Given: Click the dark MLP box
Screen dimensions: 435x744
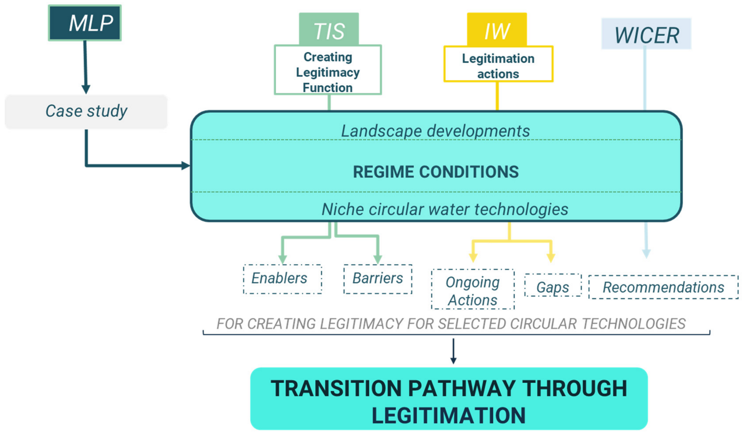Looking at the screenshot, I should (x=85, y=23).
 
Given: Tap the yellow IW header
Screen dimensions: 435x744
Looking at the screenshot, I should (x=497, y=30).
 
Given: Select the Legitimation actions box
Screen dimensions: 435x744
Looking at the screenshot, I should (x=498, y=65).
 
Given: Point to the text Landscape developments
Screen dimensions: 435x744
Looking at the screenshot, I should (x=435, y=131).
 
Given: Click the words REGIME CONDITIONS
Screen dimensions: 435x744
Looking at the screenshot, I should (x=436, y=172).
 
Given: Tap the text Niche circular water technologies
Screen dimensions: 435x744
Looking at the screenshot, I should (x=444, y=209).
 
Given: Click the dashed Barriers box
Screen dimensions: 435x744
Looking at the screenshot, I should (x=378, y=279).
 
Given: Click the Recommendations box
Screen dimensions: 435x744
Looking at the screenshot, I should (x=663, y=287).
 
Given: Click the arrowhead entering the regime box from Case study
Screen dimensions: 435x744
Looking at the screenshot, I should (x=185, y=165).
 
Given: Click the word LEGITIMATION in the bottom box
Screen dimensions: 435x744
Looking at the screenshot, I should (x=448, y=415).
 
